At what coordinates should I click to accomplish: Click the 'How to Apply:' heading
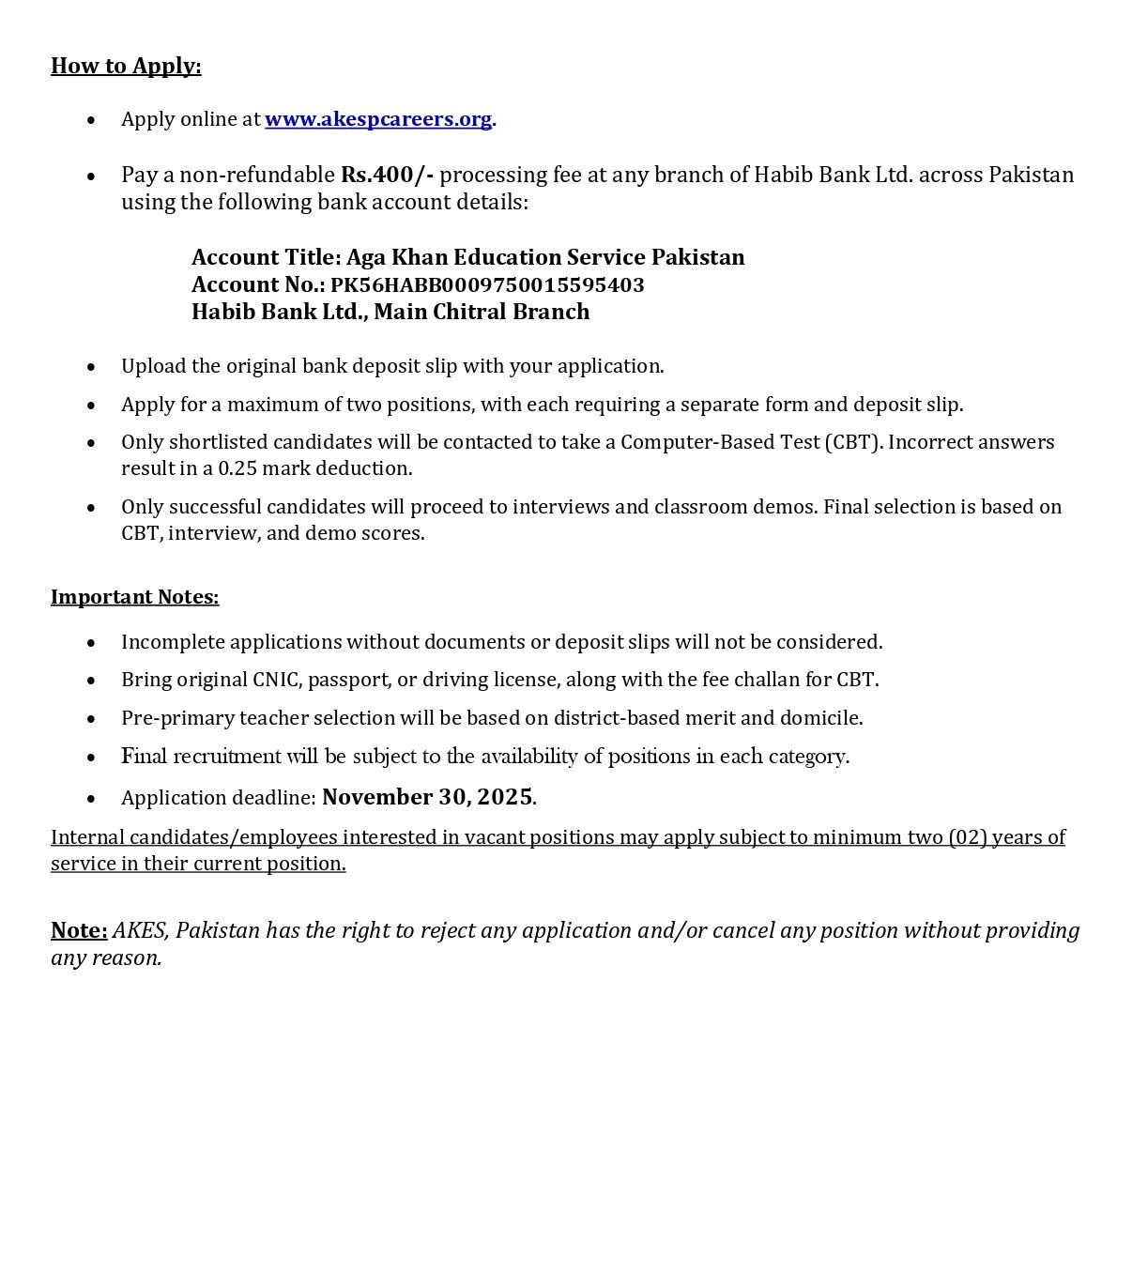126,66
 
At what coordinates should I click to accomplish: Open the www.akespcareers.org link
378,119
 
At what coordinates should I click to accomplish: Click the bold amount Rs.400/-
387,175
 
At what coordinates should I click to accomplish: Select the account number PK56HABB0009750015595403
487,284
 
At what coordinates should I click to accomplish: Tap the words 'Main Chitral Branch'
482,312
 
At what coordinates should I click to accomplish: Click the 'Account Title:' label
266,257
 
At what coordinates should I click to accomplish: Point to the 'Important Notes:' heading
134,597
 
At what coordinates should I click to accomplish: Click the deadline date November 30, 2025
427,797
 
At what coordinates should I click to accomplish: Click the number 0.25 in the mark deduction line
237,468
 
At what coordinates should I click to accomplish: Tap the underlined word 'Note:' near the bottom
79,930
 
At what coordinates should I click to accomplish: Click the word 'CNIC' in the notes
277,680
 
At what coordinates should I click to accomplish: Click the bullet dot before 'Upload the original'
91,367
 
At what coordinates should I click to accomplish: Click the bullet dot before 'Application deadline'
91,799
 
